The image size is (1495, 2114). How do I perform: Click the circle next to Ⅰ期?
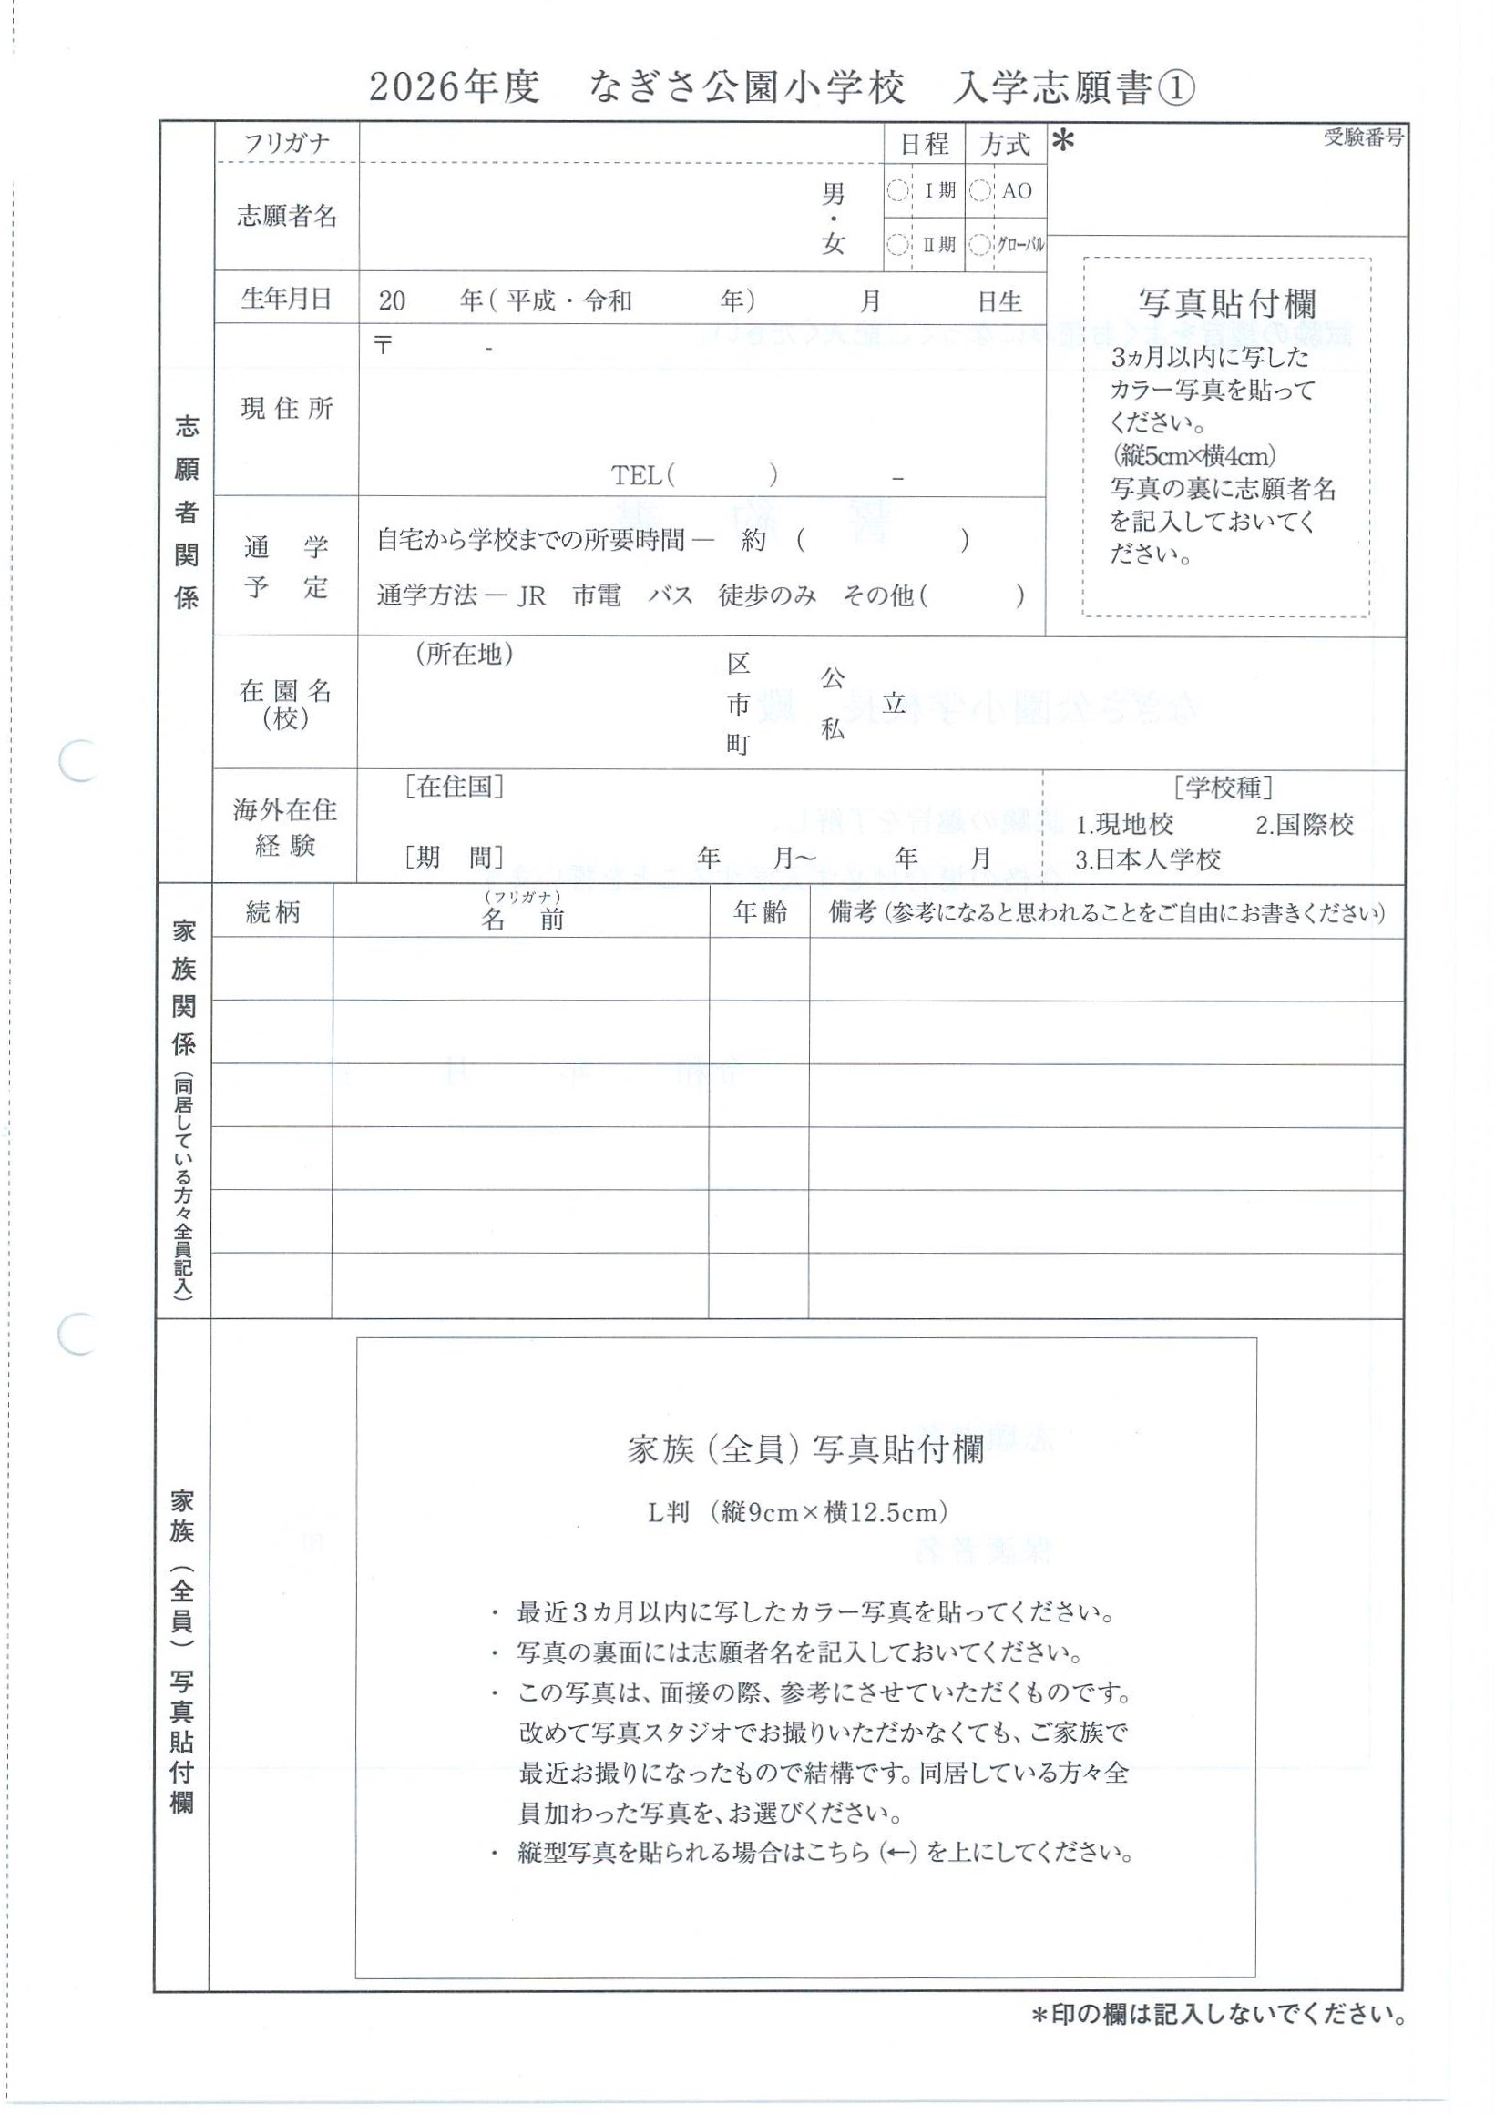897,191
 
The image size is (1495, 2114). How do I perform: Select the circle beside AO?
981,191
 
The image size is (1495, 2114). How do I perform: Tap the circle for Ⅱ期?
897,245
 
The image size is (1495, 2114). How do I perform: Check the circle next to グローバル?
981,245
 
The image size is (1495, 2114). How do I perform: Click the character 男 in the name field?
833,194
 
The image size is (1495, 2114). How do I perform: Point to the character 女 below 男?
833,245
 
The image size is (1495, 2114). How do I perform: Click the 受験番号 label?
1363,139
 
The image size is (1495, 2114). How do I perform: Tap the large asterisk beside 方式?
1063,143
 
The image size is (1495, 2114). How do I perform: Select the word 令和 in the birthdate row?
608,301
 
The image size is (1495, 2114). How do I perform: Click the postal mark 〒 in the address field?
384,346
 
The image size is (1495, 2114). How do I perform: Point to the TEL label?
638,475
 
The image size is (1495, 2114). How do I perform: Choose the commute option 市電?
597,595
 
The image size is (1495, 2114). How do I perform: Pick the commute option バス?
670,595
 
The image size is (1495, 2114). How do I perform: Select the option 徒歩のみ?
767,595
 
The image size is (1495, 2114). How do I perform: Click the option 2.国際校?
1304,825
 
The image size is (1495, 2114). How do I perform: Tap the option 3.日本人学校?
1148,860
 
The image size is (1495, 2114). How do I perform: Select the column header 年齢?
760,912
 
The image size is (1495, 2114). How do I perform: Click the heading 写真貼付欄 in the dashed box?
1227,304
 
